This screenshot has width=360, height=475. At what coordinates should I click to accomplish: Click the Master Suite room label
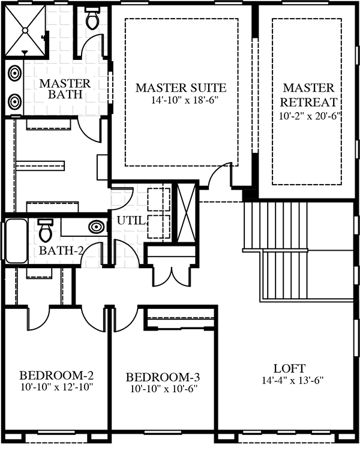[181, 88]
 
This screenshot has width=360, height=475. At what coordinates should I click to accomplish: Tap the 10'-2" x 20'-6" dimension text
[310, 116]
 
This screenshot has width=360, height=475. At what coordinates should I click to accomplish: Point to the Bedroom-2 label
[56, 375]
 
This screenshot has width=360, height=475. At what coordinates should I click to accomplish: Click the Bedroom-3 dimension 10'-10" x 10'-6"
[164, 389]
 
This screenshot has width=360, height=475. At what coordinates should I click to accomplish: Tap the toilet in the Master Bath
[92, 18]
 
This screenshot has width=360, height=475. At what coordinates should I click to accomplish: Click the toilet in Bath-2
[46, 231]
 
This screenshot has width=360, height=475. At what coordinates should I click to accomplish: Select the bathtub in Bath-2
[16, 241]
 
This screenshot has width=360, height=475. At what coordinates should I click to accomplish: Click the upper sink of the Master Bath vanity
[14, 74]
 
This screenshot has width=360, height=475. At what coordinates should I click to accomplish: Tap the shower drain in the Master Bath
[25, 30]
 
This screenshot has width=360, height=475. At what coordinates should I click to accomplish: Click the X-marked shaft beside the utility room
[186, 213]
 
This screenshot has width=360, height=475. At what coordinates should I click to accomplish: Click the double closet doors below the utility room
[172, 276]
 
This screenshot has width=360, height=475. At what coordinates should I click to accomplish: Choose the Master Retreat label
[309, 95]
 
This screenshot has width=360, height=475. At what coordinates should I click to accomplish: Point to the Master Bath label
[65, 89]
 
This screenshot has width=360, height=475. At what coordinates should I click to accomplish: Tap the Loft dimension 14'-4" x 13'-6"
[293, 380]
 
